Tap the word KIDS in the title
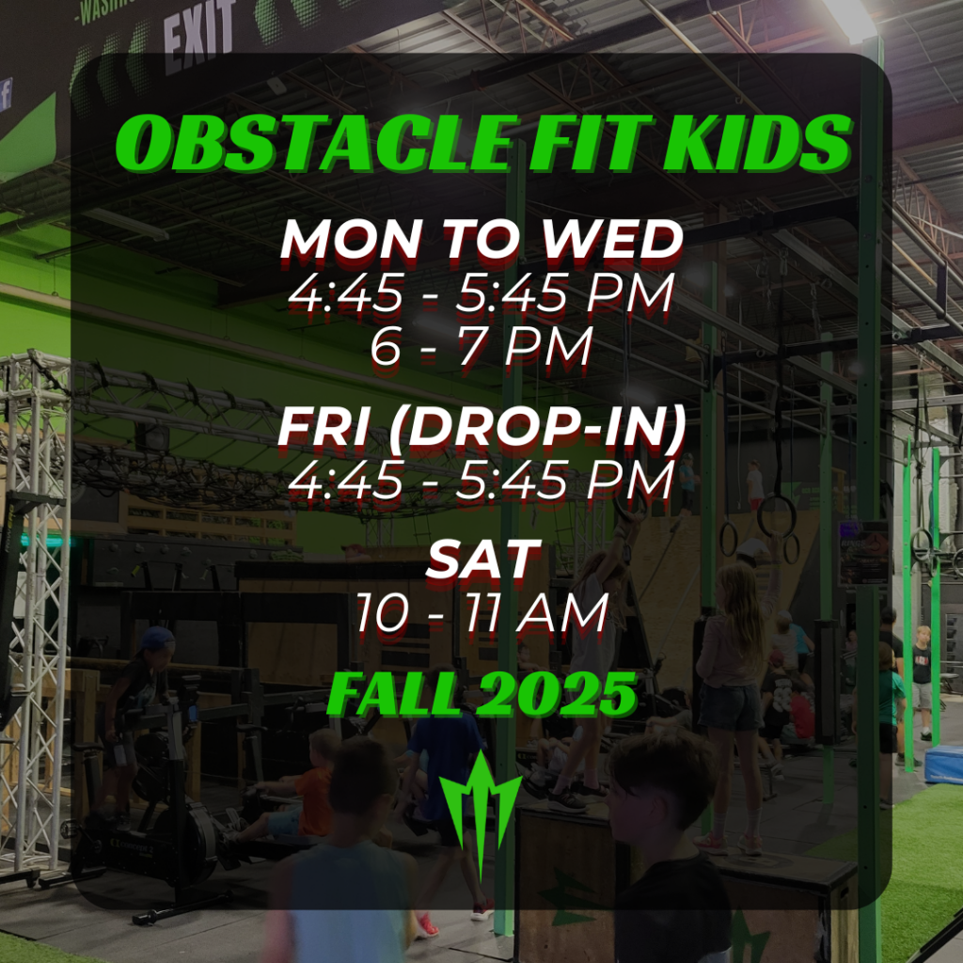[759, 143]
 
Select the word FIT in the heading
[591, 143]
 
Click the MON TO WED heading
[481, 239]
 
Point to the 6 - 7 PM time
[481, 346]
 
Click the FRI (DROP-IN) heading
[481, 428]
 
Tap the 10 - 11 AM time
[481, 611]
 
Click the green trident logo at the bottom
[481, 811]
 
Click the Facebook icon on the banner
[6, 95]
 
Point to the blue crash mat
[944, 764]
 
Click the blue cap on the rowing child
[157, 639]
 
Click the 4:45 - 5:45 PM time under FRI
[481, 480]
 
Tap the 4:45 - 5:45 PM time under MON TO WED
[481, 292]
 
